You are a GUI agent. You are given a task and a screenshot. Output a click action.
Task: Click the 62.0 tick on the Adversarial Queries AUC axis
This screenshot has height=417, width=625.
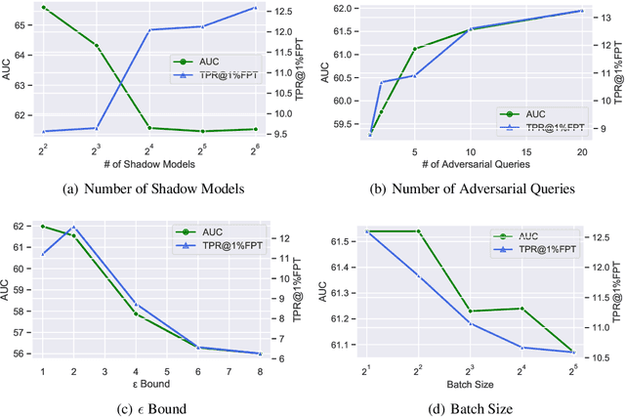click(x=342, y=8)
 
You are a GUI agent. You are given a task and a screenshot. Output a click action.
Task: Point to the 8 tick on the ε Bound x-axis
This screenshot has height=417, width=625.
click(x=260, y=371)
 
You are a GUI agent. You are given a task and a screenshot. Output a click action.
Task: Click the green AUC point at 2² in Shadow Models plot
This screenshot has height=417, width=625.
click(x=43, y=8)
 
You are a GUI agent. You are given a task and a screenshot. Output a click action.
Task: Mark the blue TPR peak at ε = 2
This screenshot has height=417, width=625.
click(x=73, y=227)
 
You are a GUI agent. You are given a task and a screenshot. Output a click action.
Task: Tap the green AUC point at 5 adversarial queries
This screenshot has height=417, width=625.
click(x=415, y=48)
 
